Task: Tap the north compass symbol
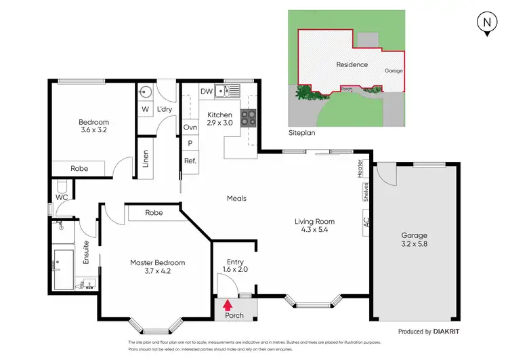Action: pos(486,22)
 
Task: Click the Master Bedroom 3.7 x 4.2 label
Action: pos(157,267)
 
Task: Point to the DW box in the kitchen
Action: pos(207,91)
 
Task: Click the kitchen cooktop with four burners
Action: pos(248,118)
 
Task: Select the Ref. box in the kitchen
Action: pos(190,161)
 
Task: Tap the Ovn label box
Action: pos(190,127)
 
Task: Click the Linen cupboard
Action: pos(145,157)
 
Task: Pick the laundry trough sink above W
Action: pos(145,92)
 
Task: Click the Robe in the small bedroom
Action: pos(79,167)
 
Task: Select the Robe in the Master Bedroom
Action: pos(154,212)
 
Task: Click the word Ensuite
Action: pos(86,252)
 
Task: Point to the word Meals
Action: pos(236,199)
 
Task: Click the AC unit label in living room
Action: pos(366,222)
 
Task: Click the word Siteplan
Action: pos(301,134)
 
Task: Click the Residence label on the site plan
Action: pos(352,65)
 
